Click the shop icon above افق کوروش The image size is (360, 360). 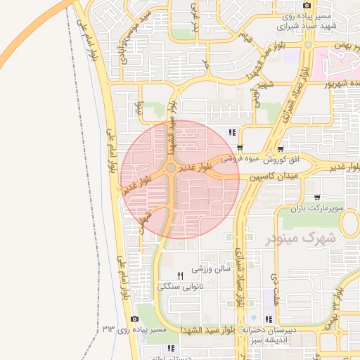point(240,148)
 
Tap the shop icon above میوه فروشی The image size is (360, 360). point(281,148)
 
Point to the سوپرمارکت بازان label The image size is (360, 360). point(318,209)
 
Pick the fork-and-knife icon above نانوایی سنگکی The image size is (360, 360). point(180,275)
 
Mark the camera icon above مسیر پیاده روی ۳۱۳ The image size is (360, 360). point(134,319)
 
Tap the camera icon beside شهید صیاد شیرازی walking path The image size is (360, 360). point(307,6)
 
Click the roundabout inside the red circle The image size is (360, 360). point(171,169)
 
